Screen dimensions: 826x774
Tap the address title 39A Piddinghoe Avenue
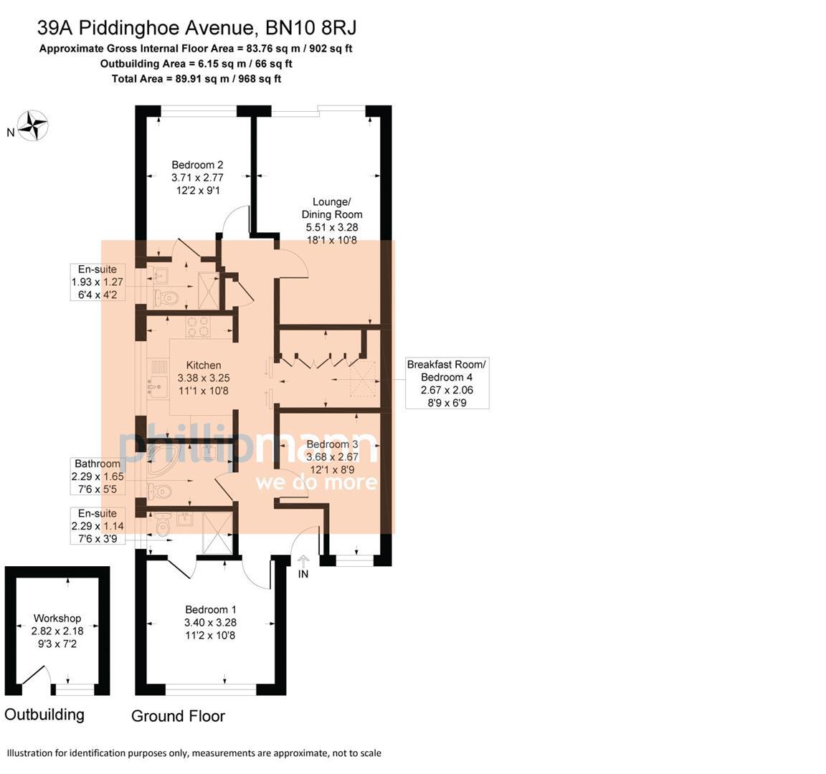[x=197, y=28]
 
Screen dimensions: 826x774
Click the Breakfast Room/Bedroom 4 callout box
[x=447, y=383]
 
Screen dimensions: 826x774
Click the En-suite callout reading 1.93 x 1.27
[x=98, y=282]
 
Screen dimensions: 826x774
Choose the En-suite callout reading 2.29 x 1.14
[x=98, y=526]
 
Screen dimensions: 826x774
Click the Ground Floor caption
[x=178, y=716]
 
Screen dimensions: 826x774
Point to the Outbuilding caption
[x=44, y=714]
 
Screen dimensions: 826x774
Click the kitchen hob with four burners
[x=197, y=327]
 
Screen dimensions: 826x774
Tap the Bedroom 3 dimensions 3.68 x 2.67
[x=332, y=457]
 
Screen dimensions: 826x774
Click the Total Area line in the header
[x=196, y=79]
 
